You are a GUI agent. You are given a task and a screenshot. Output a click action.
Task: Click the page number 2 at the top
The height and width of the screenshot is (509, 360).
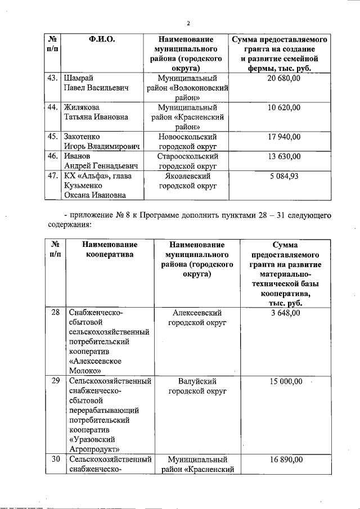pos(188,23)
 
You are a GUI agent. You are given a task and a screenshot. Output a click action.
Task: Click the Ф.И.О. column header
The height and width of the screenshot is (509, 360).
pos(102,40)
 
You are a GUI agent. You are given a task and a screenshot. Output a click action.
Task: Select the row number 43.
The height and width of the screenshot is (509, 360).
pos(53,79)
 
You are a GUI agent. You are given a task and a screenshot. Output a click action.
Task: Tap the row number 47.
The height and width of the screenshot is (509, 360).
pos(53,176)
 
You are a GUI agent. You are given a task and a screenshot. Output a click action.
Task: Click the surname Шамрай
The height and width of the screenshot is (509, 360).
pos(79,79)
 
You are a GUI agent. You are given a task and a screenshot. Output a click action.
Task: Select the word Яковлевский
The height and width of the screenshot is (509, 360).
pos(188,176)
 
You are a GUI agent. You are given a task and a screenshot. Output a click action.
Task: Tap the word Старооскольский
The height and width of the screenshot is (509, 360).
pos(188,156)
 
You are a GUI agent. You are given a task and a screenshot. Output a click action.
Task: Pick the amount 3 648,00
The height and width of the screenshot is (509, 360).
pos(284,313)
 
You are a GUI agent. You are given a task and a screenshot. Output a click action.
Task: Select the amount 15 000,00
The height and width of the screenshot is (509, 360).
pos(284,381)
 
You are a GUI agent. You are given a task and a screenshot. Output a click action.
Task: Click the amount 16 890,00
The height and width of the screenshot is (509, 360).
pos(284,460)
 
